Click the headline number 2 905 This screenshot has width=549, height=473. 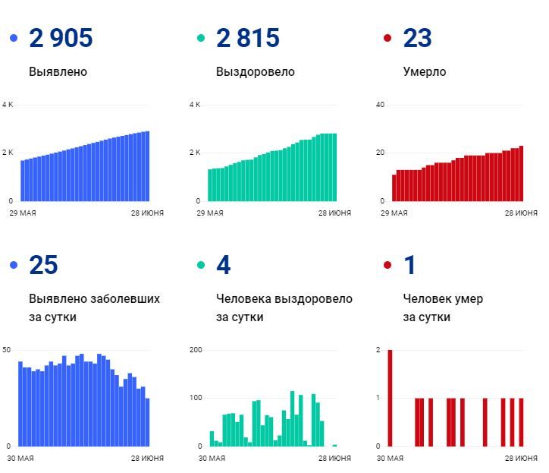point(61,38)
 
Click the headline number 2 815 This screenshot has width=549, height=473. point(248,38)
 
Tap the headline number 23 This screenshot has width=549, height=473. point(418,38)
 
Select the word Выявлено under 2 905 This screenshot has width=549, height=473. point(58,72)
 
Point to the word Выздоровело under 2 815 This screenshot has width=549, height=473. point(255,72)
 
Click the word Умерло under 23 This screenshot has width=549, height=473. point(425,72)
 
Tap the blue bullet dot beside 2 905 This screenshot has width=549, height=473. point(14,38)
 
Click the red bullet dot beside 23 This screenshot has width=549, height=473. point(387,38)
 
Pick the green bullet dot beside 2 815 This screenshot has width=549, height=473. point(201,38)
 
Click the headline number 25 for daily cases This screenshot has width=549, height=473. point(43,266)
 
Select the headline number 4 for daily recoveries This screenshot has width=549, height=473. point(223,266)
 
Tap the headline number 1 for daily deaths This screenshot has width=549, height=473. point(410,266)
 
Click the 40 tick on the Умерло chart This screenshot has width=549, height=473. point(381,105)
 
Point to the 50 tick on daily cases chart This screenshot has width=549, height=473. point(7,350)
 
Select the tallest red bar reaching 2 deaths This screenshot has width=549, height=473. point(390,398)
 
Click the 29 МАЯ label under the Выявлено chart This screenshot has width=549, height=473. point(22,213)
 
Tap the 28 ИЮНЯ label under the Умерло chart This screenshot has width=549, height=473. point(521,213)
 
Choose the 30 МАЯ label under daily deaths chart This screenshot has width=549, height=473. point(391,459)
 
